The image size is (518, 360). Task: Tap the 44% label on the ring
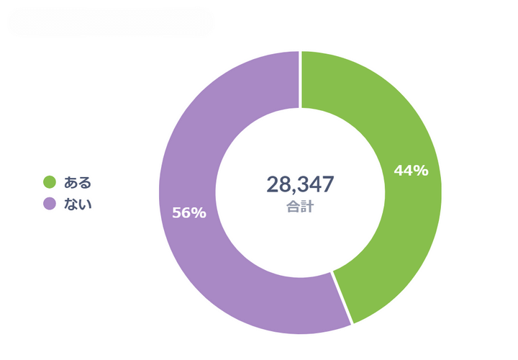(x=411, y=171)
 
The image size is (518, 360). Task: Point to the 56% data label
(x=189, y=213)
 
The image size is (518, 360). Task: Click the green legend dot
(x=50, y=182)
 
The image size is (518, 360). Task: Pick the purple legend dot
(x=50, y=204)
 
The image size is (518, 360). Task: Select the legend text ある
(x=78, y=182)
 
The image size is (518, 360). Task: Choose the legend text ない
(x=78, y=204)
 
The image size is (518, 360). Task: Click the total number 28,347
(x=300, y=184)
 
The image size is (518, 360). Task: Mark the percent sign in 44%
(x=422, y=171)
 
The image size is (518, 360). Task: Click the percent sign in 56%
(x=200, y=213)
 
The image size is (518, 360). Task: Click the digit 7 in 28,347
(x=327, y=184)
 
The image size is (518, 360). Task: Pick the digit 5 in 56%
(x=177, y=213)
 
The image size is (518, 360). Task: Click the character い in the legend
(x=85, y=204)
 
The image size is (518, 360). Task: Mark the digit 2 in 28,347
(x=273, y=184)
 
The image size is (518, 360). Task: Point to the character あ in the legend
(x=71, y=182)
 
